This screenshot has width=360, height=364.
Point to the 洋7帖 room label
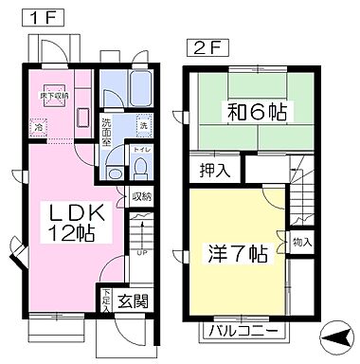click(237, 255)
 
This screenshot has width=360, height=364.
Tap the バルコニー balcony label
click(243, 333)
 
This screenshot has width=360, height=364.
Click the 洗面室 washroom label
click(107, 129)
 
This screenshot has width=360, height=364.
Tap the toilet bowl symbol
click(142, 168)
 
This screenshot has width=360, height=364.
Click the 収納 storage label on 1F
click(141, 196)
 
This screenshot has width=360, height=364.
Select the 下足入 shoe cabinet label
click(107, 300)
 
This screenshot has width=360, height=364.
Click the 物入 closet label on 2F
click(302, 243)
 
